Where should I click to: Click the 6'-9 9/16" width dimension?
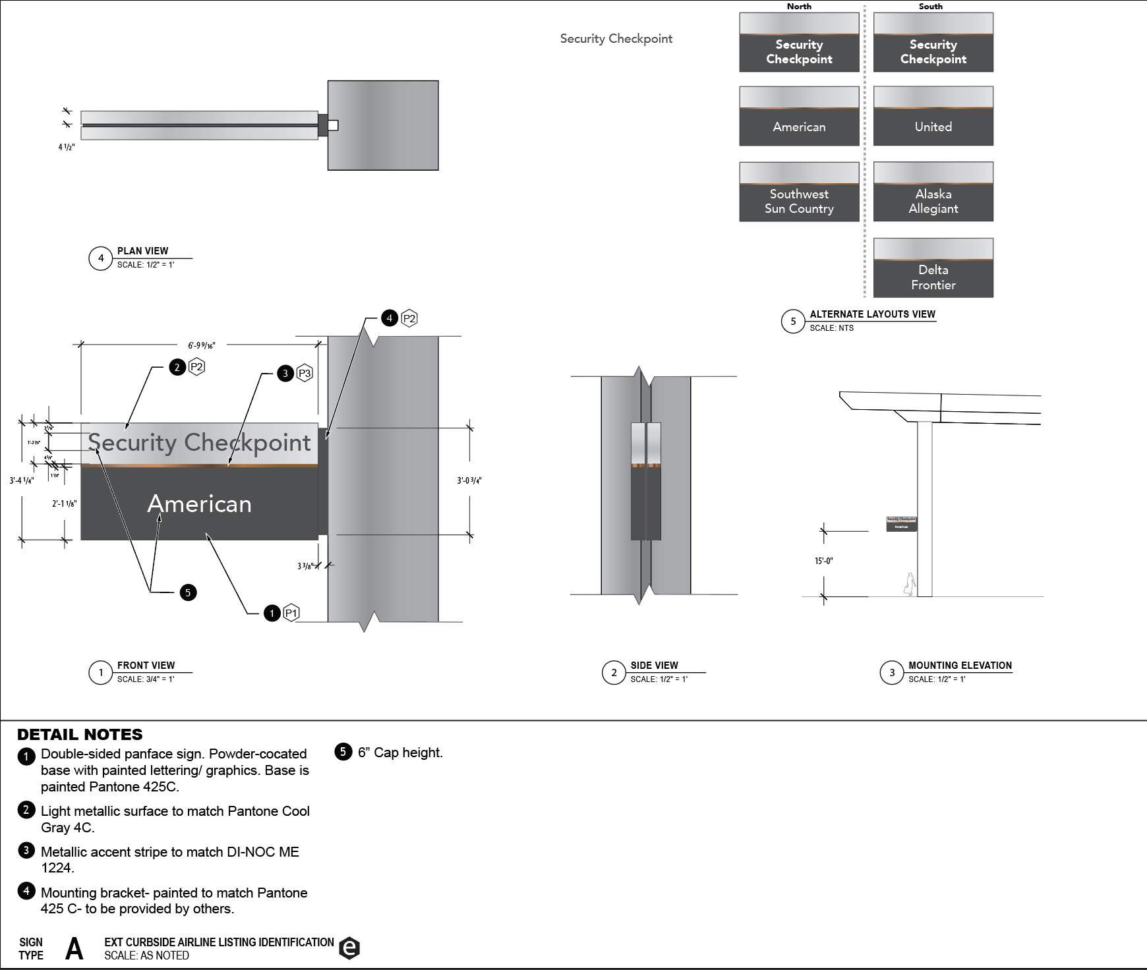click(201, 345)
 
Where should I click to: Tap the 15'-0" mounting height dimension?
click(823, 561)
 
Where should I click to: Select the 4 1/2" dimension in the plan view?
click(66, 147)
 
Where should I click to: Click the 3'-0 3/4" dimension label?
click(469, 480)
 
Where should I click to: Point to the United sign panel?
click(933, 116)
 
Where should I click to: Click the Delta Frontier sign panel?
click(933, 268)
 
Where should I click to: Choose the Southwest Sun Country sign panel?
click(799, 192)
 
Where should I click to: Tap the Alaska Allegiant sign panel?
click(933, 192)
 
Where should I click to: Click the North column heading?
click(799, 7)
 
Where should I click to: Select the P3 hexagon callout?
click(305, 374)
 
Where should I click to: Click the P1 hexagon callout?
click(291, 613)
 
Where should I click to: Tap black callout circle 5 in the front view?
click(188, 592)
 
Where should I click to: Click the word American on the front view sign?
click(199, 504)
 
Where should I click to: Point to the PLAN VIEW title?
click(142, 251)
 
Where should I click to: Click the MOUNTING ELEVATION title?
click(960, 666)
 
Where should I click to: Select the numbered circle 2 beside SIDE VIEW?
click(614, 673)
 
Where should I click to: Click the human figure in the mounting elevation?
click(910, 585)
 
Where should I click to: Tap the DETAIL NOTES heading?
click(80, 735)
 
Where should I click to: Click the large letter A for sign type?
click(74, 949)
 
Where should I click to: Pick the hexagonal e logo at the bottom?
click(349, 948)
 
